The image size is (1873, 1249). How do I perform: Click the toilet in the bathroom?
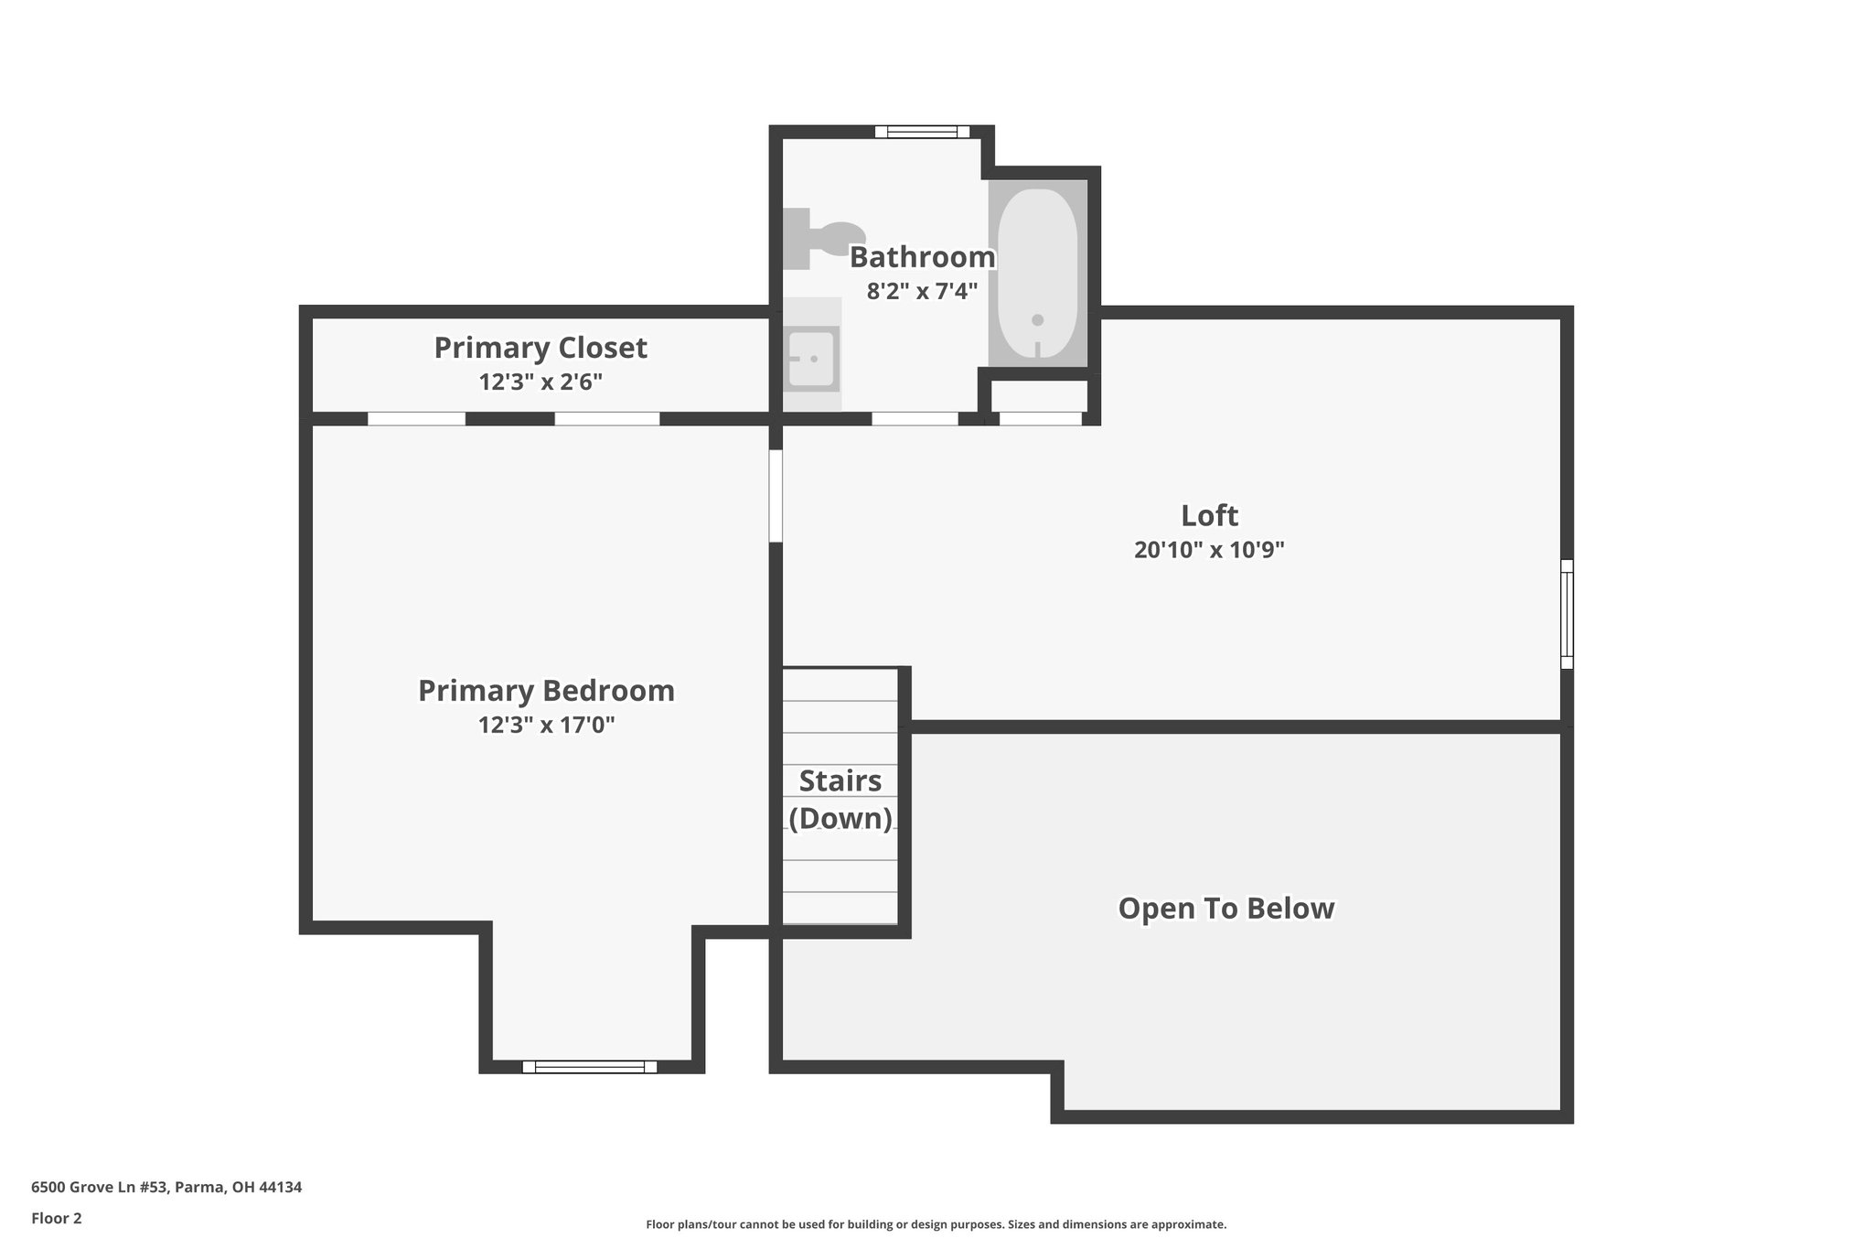823,239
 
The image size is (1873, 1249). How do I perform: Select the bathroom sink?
810,358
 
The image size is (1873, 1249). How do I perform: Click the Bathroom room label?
922,257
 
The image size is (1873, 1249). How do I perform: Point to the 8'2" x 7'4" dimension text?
922,292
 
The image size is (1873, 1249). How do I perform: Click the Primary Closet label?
540,348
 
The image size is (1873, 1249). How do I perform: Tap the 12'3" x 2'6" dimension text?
540,382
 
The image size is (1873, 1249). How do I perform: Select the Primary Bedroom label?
546,690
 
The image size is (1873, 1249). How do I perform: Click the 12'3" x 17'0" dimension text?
546,725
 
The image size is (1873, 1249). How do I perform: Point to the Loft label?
1209,515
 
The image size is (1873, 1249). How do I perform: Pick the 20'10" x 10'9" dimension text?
1209,550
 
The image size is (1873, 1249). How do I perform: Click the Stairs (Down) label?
840,799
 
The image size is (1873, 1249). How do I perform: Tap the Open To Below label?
1226,908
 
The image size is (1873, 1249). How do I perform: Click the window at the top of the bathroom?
922,132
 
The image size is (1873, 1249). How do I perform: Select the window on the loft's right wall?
1567,614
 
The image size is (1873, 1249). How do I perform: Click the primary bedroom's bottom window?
590,1066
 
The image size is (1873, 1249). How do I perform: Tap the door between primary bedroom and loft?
776,496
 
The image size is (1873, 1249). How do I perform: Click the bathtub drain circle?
1037,320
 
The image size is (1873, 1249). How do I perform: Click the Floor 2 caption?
57,1218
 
